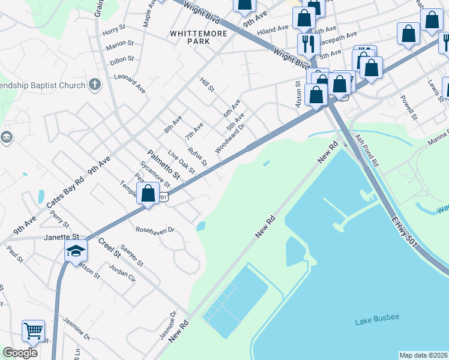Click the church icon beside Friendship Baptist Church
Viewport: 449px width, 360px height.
point(95,85)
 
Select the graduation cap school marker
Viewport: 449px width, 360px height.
point(76,252)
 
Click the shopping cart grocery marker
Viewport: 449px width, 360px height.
point(33,331)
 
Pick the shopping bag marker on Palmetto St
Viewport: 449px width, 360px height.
point(148,194)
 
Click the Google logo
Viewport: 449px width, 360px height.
point(20,353)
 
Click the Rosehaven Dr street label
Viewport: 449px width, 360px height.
point(155,230)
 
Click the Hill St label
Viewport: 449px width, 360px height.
point(207,85)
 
